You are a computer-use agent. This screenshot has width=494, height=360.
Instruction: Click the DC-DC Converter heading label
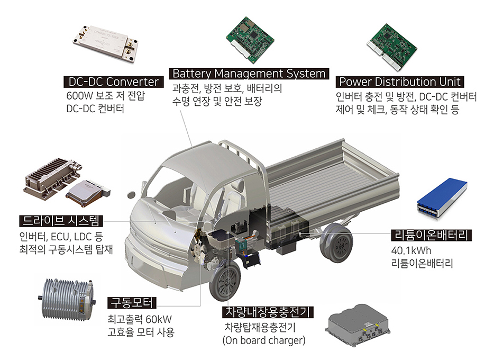[113, 82]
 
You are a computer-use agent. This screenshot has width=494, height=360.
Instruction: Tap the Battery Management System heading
[249, 74]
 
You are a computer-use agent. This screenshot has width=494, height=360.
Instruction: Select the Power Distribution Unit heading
[400, 82]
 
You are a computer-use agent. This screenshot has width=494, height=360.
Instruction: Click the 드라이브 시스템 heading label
[61, 221]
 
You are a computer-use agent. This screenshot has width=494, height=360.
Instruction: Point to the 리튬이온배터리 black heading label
[431, 235]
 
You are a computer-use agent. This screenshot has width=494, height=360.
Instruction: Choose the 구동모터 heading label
[132, 303]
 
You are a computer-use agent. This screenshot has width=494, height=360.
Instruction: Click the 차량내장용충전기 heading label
[268, 312]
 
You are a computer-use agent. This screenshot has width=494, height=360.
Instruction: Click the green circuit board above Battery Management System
[250, 40]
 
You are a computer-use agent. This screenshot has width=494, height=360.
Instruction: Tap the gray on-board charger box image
[357, 325]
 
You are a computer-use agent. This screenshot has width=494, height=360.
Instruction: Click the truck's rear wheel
[336, 243]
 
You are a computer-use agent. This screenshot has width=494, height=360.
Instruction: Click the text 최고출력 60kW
[140, 319]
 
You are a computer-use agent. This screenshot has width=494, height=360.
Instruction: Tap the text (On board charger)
[264, 340]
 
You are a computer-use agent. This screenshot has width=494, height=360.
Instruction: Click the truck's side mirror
[131, 194]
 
